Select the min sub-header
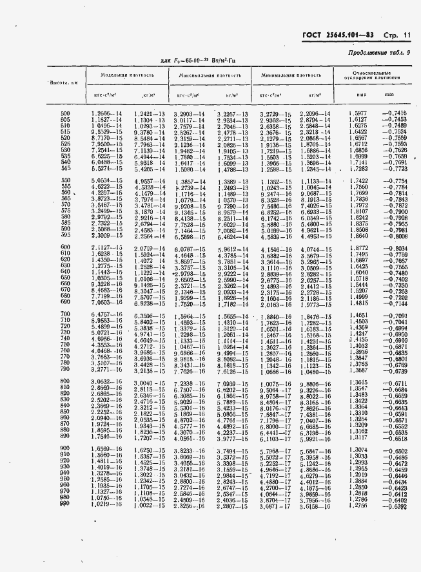click(389, 95)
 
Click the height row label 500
click(64, 114)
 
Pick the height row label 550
click(64, 181)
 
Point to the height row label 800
click(64, 382)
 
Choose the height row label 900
click(64, 449)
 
